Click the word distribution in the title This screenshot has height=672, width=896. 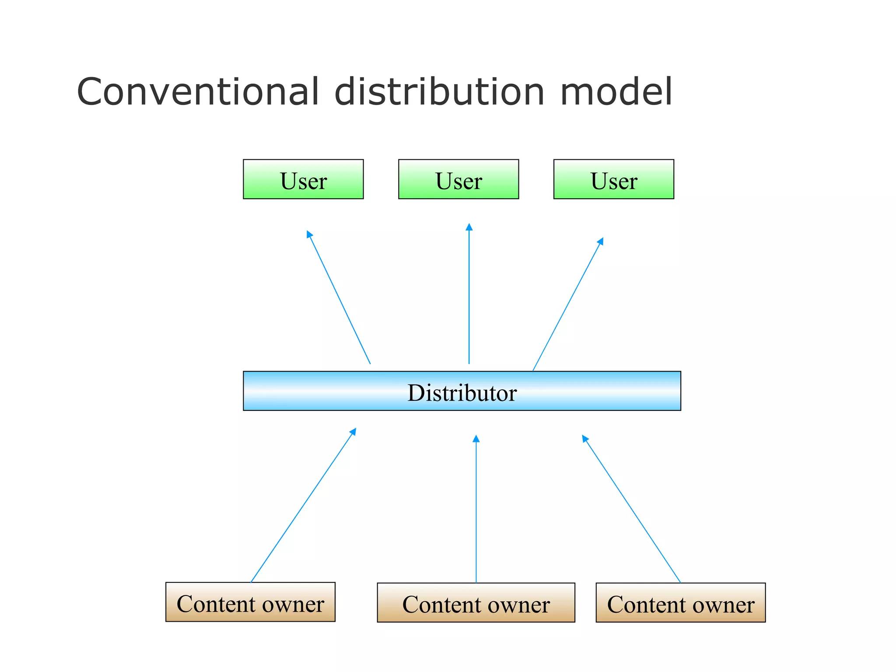(439, 91)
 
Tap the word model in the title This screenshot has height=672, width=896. (616, 91)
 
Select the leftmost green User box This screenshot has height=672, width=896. (303, 179)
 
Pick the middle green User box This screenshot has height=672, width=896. (458, 179)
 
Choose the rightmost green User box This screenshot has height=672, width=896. (614, 179)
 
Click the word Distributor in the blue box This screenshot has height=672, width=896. (462, 392)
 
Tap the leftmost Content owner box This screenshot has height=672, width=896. (250, 602)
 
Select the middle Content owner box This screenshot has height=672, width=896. (476, 603)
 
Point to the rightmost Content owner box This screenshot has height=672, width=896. (681, 603)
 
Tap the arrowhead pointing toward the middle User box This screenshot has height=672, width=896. (469, 227)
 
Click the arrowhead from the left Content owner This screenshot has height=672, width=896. (353, 431)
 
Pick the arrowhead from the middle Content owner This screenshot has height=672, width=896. (476, 438)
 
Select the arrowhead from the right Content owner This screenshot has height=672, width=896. (584, 438)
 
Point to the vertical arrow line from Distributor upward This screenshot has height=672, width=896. (469, 297)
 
